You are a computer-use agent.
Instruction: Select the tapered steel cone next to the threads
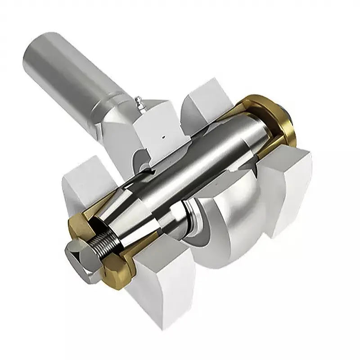click(x=135, y=225)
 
